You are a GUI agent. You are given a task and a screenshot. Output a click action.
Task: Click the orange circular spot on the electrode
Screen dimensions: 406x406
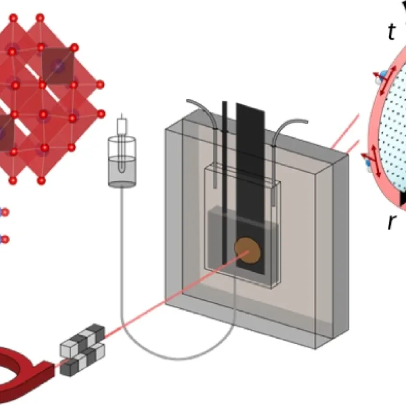[248, 250]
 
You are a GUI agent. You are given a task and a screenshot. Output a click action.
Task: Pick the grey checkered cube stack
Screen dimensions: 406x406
[82, 345]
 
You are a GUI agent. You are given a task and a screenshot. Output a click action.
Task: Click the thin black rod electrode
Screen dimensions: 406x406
[225, 180]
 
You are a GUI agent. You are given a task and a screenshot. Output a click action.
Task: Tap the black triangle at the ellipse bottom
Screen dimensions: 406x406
[403, 198]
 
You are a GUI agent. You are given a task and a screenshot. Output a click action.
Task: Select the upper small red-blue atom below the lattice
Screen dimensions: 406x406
[5, 212]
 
